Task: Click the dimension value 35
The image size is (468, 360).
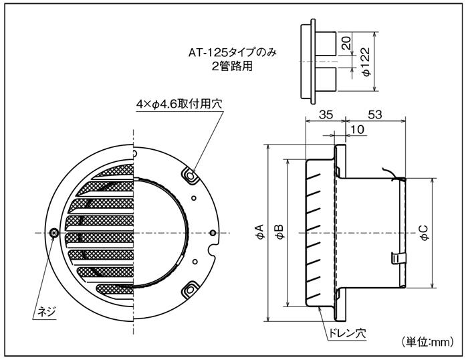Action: click(x=324, y=114)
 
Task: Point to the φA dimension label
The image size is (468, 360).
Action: click(x=259, y=232)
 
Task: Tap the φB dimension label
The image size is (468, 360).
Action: click(x=279, y=232)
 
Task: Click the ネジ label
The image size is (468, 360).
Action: click(x=47, y=312)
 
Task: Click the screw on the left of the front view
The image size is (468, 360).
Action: click(x=54, y=232)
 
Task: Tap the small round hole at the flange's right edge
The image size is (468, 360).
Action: click(x=213, y=233)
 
